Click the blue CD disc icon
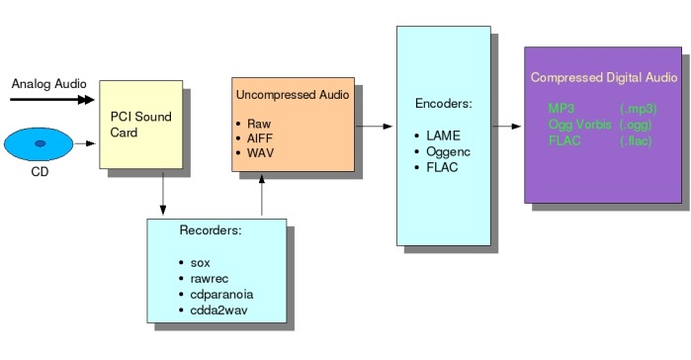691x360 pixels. pos(41,144)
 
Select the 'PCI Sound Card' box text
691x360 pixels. pos(140,125)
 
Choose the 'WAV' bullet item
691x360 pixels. pos(262,155)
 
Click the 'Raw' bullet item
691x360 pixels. pos(260,124)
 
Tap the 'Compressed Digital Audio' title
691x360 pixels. pos(603,77)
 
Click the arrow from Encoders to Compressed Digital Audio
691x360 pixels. pos(506,127)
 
